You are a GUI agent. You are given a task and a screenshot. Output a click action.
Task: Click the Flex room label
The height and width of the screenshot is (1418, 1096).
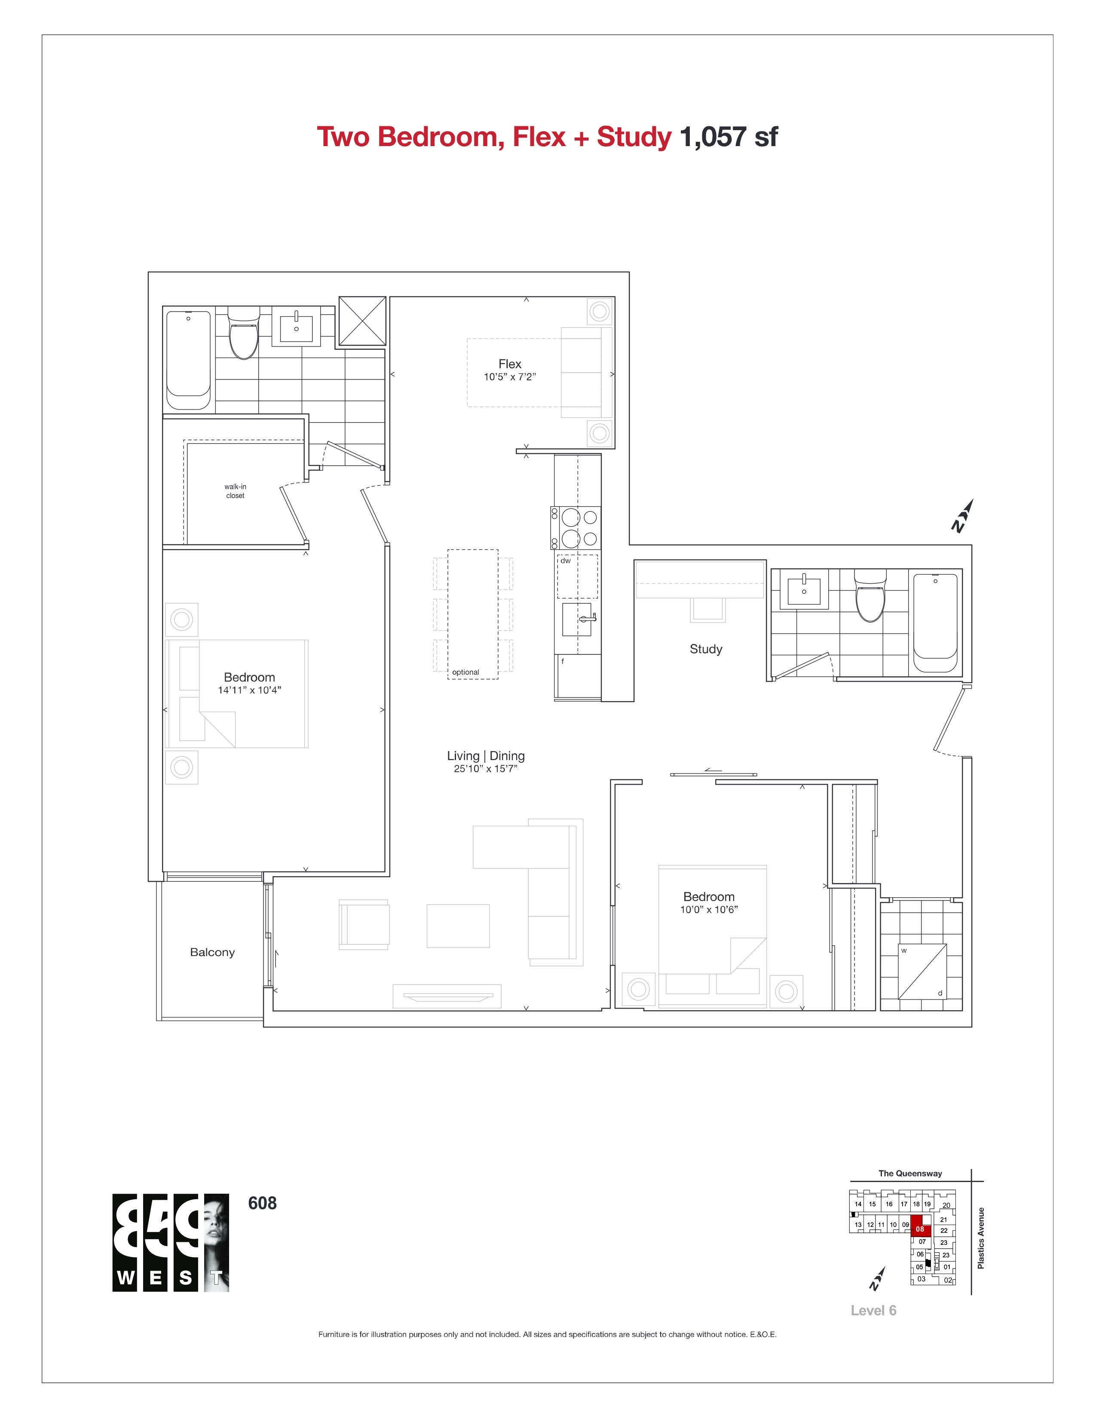pyautogui.click(x=510, y=364)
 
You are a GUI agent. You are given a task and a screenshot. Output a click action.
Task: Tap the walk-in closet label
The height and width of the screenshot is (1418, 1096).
pyautogui.click(x=235, y=491)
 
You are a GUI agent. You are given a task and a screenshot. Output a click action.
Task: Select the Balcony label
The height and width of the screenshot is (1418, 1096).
pyautogui.click(x=212, y=953)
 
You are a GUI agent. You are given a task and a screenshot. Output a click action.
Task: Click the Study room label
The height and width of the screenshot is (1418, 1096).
pyautogui.click(x=706, y=649)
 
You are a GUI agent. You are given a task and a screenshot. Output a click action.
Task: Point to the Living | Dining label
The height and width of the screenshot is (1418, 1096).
pyautogui.click(x=486, y=756)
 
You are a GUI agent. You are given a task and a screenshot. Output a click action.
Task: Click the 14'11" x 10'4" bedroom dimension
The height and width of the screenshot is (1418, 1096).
pyautogui.click(x=249, y=690)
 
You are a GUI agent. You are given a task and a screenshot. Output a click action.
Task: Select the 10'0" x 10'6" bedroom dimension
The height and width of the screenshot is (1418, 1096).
pyautogui.click(x=709, y=910)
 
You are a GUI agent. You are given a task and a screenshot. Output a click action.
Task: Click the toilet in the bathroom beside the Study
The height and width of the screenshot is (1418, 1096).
pyautogui.click(x=870, y=596)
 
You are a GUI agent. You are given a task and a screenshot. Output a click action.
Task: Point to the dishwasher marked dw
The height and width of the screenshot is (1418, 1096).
pyautogui.click(x=577, y=576)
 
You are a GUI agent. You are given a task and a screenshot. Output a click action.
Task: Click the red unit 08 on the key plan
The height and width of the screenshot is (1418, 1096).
pyautogui.click(x=921, y=1229)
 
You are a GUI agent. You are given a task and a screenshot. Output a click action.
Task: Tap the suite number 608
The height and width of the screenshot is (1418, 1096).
pyautogui.click(x=262, y=1203)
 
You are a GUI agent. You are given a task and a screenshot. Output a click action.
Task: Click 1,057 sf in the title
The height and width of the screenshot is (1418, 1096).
pyautogui.click(x=728, y=137)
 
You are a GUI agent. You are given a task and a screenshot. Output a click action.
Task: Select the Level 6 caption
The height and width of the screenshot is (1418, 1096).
pyautogui.click(x=873, y=1310)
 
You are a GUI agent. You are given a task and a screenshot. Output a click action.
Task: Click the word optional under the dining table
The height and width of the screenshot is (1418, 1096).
pyautogui.click(x=465, y=672)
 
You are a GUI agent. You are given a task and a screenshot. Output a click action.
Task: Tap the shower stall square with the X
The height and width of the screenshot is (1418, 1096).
pyautogui.click(x=362, y=321)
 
